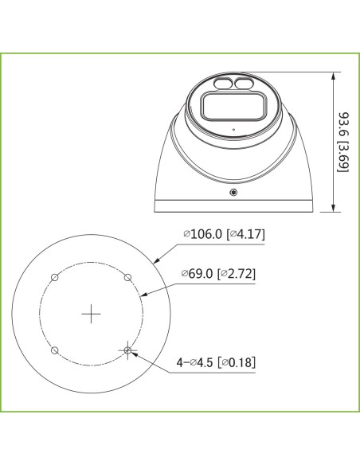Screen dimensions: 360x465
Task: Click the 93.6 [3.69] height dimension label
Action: [x=343, y=142]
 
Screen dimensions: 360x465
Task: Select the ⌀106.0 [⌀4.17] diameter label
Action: [x=224, y=234]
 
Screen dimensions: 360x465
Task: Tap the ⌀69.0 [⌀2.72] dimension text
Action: [x=218, y=273]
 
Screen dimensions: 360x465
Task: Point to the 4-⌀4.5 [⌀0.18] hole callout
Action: [x=216, y=362]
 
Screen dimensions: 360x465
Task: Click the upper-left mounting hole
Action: [x=55, y=278]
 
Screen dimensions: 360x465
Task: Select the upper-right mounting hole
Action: [x=127, y=278]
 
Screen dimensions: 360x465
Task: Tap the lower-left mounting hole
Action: [x=55, y=350]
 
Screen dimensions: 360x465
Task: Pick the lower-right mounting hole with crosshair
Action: [x=127, y=350]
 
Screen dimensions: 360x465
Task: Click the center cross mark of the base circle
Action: [x=91, y=314]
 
